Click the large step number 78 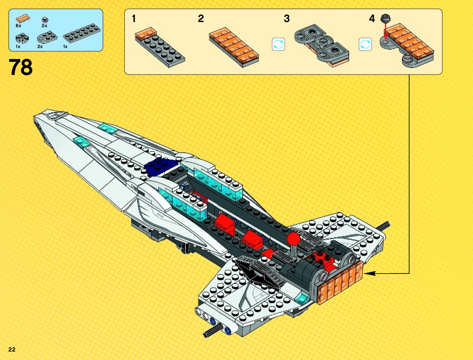[21, 67]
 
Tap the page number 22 [12, 349]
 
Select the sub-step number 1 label [134, 19]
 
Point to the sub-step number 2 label [201, 19]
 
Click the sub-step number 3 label [287, 19]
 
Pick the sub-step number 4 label [372, 19]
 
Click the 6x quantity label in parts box [18, 26]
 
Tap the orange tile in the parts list [23, 19]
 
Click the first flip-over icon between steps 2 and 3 [278, 44]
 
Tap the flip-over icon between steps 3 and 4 [365, 44]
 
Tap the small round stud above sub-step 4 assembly [385, 18]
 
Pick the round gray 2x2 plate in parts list [22, 38]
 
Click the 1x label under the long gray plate [65, 47]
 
